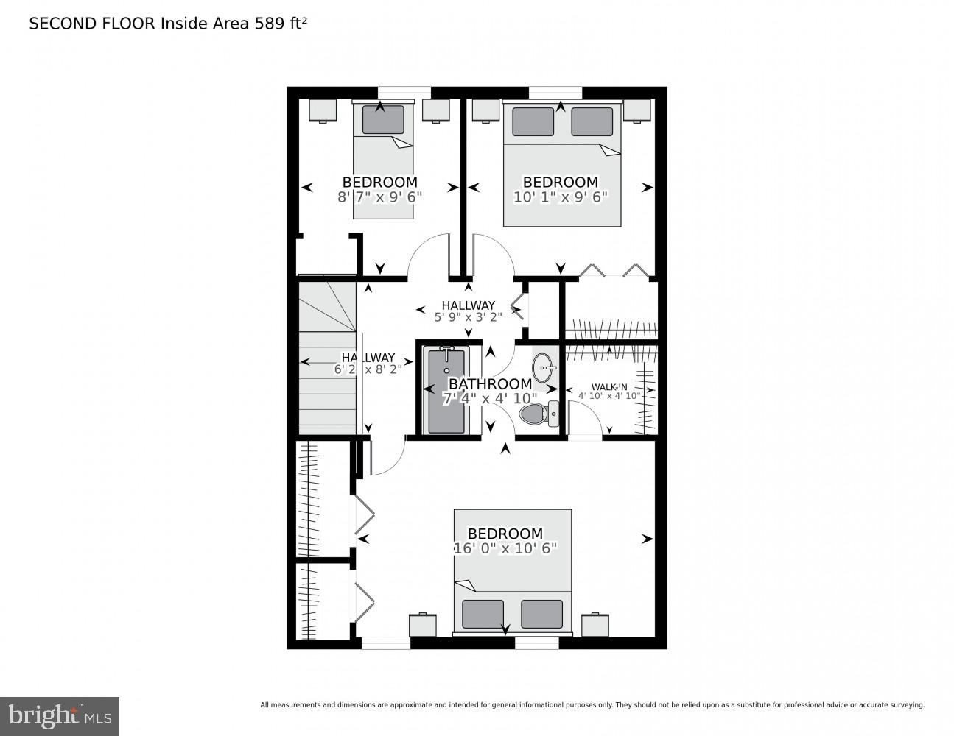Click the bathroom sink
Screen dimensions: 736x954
tap(545, 366)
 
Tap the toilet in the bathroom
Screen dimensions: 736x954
tap(541, 414)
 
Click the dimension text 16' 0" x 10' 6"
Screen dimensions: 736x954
tap(505, 548)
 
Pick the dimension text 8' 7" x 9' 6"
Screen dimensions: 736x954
tap(379, 197)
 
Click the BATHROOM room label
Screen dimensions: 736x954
tap(490, 383)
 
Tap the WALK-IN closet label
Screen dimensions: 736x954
tap(609, 387)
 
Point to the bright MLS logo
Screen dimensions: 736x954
tap(59, 715)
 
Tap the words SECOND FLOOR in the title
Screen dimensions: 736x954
tap(92, 24)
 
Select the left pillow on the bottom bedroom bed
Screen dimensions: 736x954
tap(483, 614)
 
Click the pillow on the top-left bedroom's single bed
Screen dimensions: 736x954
tap(383, 120)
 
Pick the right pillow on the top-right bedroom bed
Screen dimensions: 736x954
tap(592, 121)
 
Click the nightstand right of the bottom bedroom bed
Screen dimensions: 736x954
tap(595, 625)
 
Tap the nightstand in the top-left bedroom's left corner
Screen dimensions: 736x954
tap(322, 110)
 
